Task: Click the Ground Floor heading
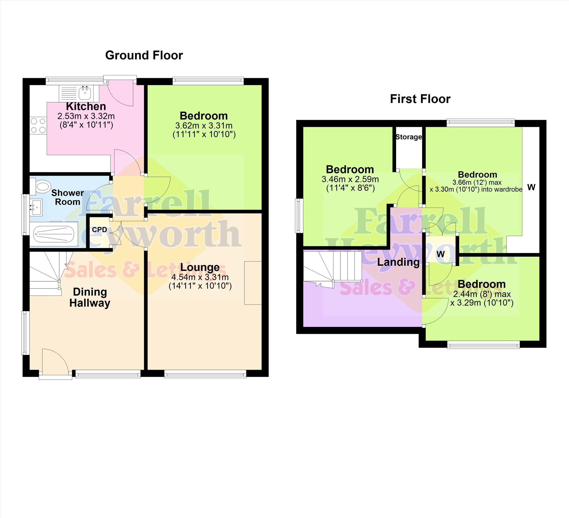coord(144,55)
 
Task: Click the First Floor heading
coord(420,99)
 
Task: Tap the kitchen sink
coord(79,93)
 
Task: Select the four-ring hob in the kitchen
coord(38,126)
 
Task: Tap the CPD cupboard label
coord(99,230)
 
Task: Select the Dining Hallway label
coord(90,297)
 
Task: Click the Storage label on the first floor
coord(409,137)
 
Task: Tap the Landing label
coord(398,262)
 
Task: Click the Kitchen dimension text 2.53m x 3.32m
coord(86,116)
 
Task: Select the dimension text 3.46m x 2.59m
coord(350,179)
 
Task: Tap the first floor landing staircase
coord(332,269)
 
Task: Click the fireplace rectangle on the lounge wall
coord(253,283)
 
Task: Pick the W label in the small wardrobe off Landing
coord(440,254)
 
